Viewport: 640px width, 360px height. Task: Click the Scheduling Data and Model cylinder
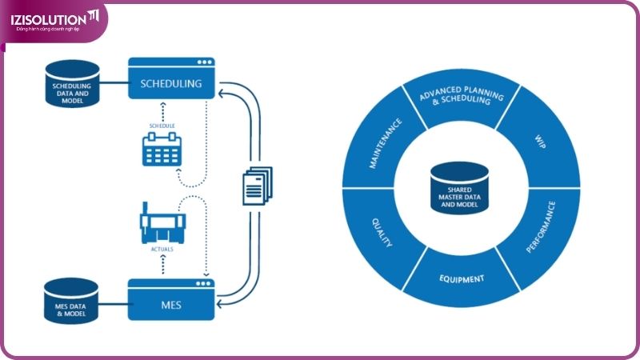coord(71,84)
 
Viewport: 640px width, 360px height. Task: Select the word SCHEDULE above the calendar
coord(162,126)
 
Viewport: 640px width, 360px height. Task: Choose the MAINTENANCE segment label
coord(384,144)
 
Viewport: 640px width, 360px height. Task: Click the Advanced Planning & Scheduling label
coord(462,102)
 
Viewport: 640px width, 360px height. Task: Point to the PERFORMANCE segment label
coord(542,227)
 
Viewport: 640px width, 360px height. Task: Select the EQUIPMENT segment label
coord(462,280)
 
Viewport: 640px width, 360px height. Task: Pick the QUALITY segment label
coord(382,230)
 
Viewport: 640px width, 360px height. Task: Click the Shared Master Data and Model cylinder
coord(460,188)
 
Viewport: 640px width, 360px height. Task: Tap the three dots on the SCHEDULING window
coord(205,62)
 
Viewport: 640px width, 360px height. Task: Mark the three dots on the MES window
coord(205,282)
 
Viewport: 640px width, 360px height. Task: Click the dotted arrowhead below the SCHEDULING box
coord(162,105)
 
